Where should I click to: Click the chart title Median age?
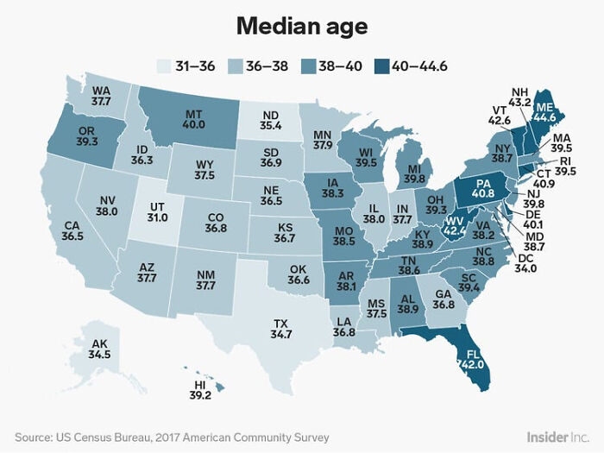click(301, 27)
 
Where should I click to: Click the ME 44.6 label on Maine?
click(544, 111)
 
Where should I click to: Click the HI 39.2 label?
click(199, 389)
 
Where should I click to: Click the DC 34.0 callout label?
click(525, 262)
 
